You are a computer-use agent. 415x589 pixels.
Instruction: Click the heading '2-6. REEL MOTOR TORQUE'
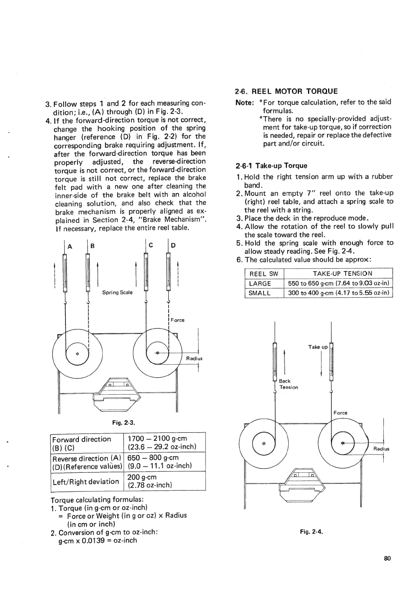[286, 92]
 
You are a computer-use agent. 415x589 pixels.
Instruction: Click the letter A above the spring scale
[70, 247]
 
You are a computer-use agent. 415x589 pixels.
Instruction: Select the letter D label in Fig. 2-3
[173, 246]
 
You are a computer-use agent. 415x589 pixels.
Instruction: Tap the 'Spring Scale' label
[117, 292]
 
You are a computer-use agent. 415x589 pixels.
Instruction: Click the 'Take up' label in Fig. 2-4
[318, 347]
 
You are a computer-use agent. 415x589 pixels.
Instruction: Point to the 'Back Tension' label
[288, 384]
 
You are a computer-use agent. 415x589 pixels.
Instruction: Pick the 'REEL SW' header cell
[264, 274]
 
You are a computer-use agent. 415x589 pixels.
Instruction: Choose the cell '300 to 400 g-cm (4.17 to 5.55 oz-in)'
[338, 293]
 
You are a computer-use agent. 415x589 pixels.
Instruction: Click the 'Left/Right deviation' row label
[86, 481]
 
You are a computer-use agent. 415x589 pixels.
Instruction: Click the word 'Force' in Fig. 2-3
[177, 320]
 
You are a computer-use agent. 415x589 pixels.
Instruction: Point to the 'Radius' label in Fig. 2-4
[381, 449]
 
